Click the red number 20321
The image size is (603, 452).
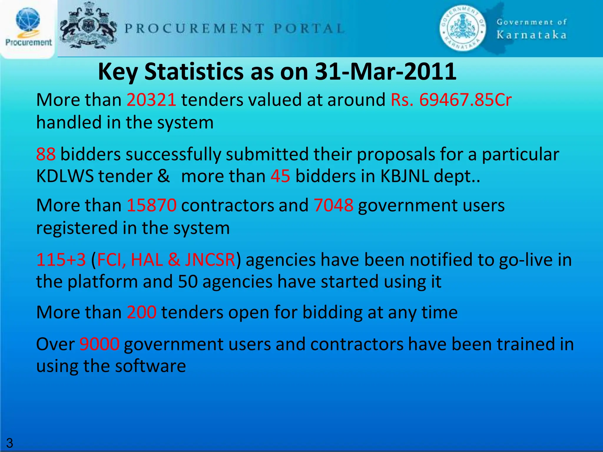point(151,100)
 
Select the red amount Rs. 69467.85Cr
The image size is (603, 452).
point(451,100)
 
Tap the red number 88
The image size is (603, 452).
point(46,154)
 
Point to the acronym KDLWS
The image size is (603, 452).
point(65,177)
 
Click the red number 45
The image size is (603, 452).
point(280,177)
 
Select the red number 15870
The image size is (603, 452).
point(151,205)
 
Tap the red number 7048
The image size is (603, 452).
point(333,205)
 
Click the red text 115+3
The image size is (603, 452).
point(61,260)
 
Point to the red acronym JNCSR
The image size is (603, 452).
point(210,260)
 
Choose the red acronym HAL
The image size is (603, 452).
point(147,260)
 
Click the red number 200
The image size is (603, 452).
point(142,312)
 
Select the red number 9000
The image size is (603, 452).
point(100,344)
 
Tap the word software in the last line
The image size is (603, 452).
point(150,366)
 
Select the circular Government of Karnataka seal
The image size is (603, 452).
point(463,28)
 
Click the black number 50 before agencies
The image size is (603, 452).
point(188,282)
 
